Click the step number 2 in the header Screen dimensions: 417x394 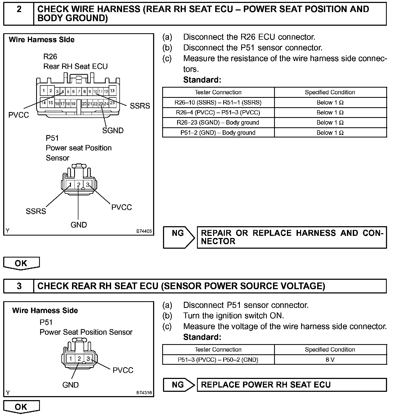pos(19,10)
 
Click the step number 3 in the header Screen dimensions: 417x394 pos(19,286)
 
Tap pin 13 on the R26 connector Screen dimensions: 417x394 pos(112,91)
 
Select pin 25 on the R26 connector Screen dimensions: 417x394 pos(112,103)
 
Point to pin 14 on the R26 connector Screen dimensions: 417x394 pos(44,103)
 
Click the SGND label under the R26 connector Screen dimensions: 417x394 pos(113,131)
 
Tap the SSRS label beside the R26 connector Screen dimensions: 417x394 pos(140,106)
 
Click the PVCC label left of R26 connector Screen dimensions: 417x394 pos(18,115)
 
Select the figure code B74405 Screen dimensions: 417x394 pos(144,231)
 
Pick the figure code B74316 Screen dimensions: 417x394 pos(144,393)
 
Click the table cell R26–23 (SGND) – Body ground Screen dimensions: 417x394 pos(218,122)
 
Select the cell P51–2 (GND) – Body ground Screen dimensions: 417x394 pos(218,133)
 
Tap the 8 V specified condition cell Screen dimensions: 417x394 pos(330,360)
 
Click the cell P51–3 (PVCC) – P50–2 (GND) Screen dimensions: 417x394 pos(218,360)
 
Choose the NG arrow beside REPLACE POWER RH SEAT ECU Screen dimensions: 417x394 pos(179,385)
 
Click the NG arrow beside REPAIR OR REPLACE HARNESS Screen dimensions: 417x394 pos(179,237)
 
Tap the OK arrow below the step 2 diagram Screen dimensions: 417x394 pos(21,263)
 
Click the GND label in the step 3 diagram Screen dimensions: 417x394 pos(70,385)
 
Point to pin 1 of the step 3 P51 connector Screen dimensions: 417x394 pos(71,359)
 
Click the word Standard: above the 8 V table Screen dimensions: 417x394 pos(202,337)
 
